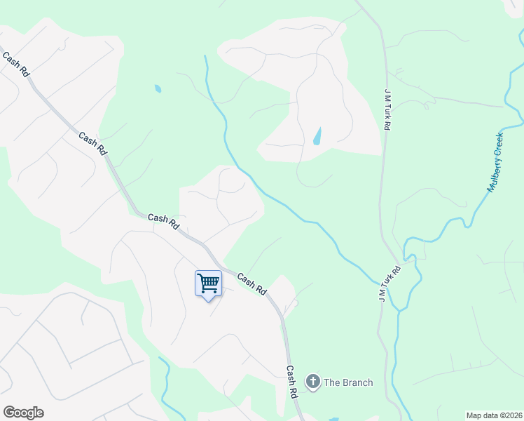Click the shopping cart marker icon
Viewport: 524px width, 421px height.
pyautogui.click(x=208, y=283)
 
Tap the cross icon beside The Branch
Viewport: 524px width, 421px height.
pyautogui.click(x=313, y=382)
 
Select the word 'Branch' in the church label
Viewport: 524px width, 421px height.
pyautogui.click(x=358, y=382)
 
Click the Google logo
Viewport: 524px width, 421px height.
pyautogui.click(x=23, y=413)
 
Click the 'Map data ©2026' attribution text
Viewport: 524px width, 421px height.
pyautogui.click(x=493, y=415)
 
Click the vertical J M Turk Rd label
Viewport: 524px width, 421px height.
pyautogui.click(x=386, y=109)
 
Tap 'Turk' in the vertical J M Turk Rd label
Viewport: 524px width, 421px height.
pyautogui.click(x=386, y=112)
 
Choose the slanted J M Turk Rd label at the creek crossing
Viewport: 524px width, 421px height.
pyautogui.click(x=390, y=279)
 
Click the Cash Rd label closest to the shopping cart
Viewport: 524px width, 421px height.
pyautogui.click(x=252, y=283)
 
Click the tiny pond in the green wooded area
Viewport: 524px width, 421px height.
pyautogui.click(x=158, y=89)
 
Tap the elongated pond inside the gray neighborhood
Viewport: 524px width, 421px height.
pyautogui.click(x=317, y=135)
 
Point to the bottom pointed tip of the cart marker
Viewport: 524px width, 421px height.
pyautogui.click(x=208, y=300)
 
